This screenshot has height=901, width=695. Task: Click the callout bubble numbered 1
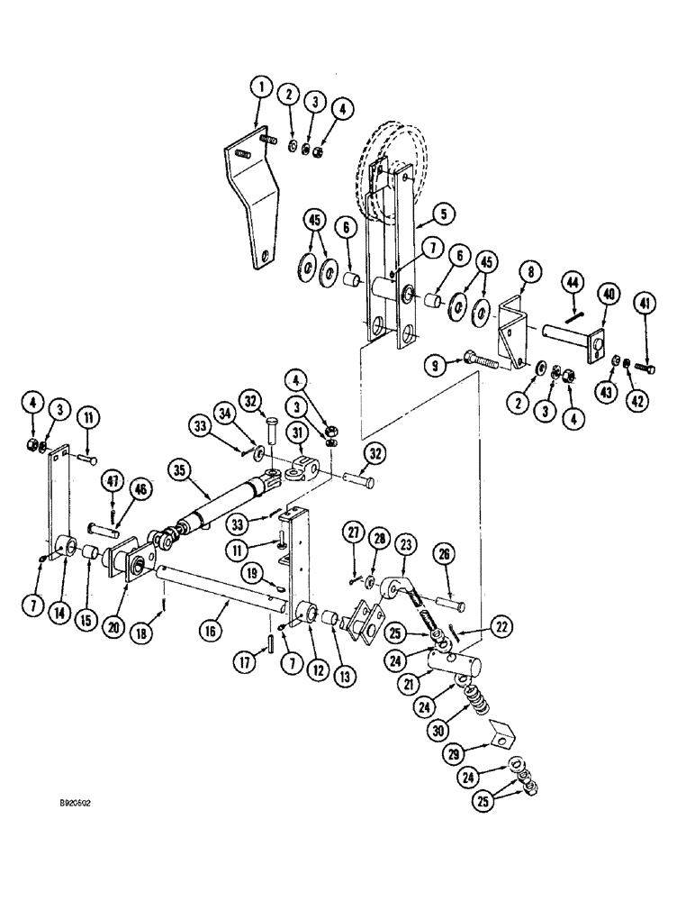(x=259, y=87)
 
